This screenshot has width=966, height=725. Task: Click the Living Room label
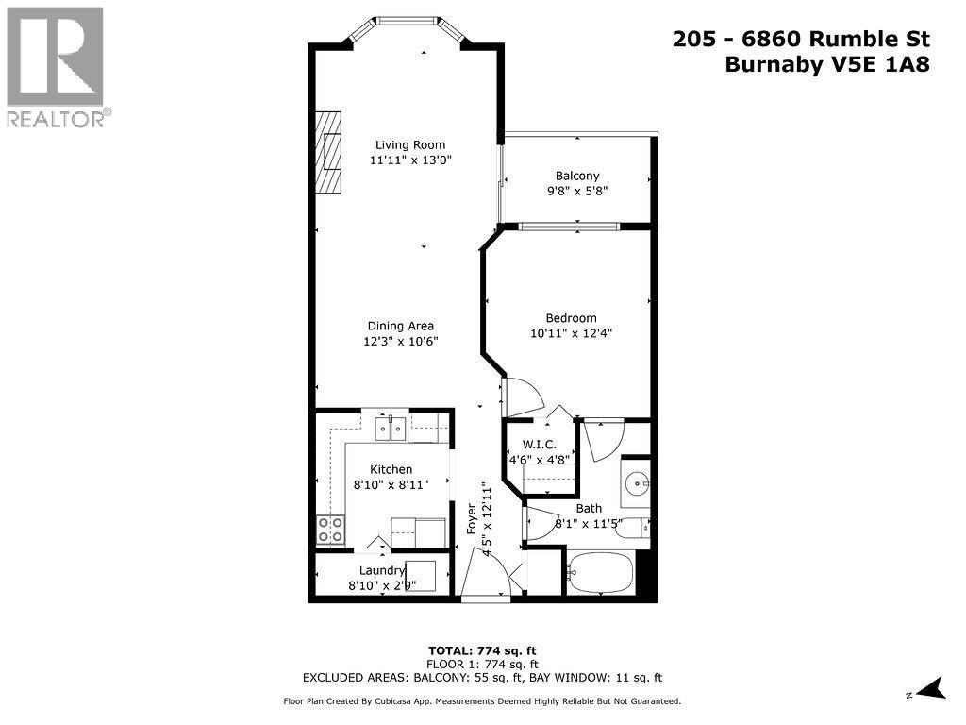tap(409, 144)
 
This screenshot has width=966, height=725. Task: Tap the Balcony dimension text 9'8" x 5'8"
tap(577, 191)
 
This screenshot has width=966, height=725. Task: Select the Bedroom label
tap(571, 318)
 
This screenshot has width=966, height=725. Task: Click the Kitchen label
tap(391, 469)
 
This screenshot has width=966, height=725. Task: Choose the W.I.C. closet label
tap(533, 445)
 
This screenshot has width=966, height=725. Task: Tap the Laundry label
tap(382, 570)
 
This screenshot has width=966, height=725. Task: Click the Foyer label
tap(473, 519)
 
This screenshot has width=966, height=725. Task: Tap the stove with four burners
tap(331, 529)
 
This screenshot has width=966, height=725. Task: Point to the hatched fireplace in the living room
tap(327, 153)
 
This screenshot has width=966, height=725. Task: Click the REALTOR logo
tap(56, 66)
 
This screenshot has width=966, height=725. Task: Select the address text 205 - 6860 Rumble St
tap(801, 39)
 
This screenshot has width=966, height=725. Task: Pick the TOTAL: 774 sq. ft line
tap(482, 650)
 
